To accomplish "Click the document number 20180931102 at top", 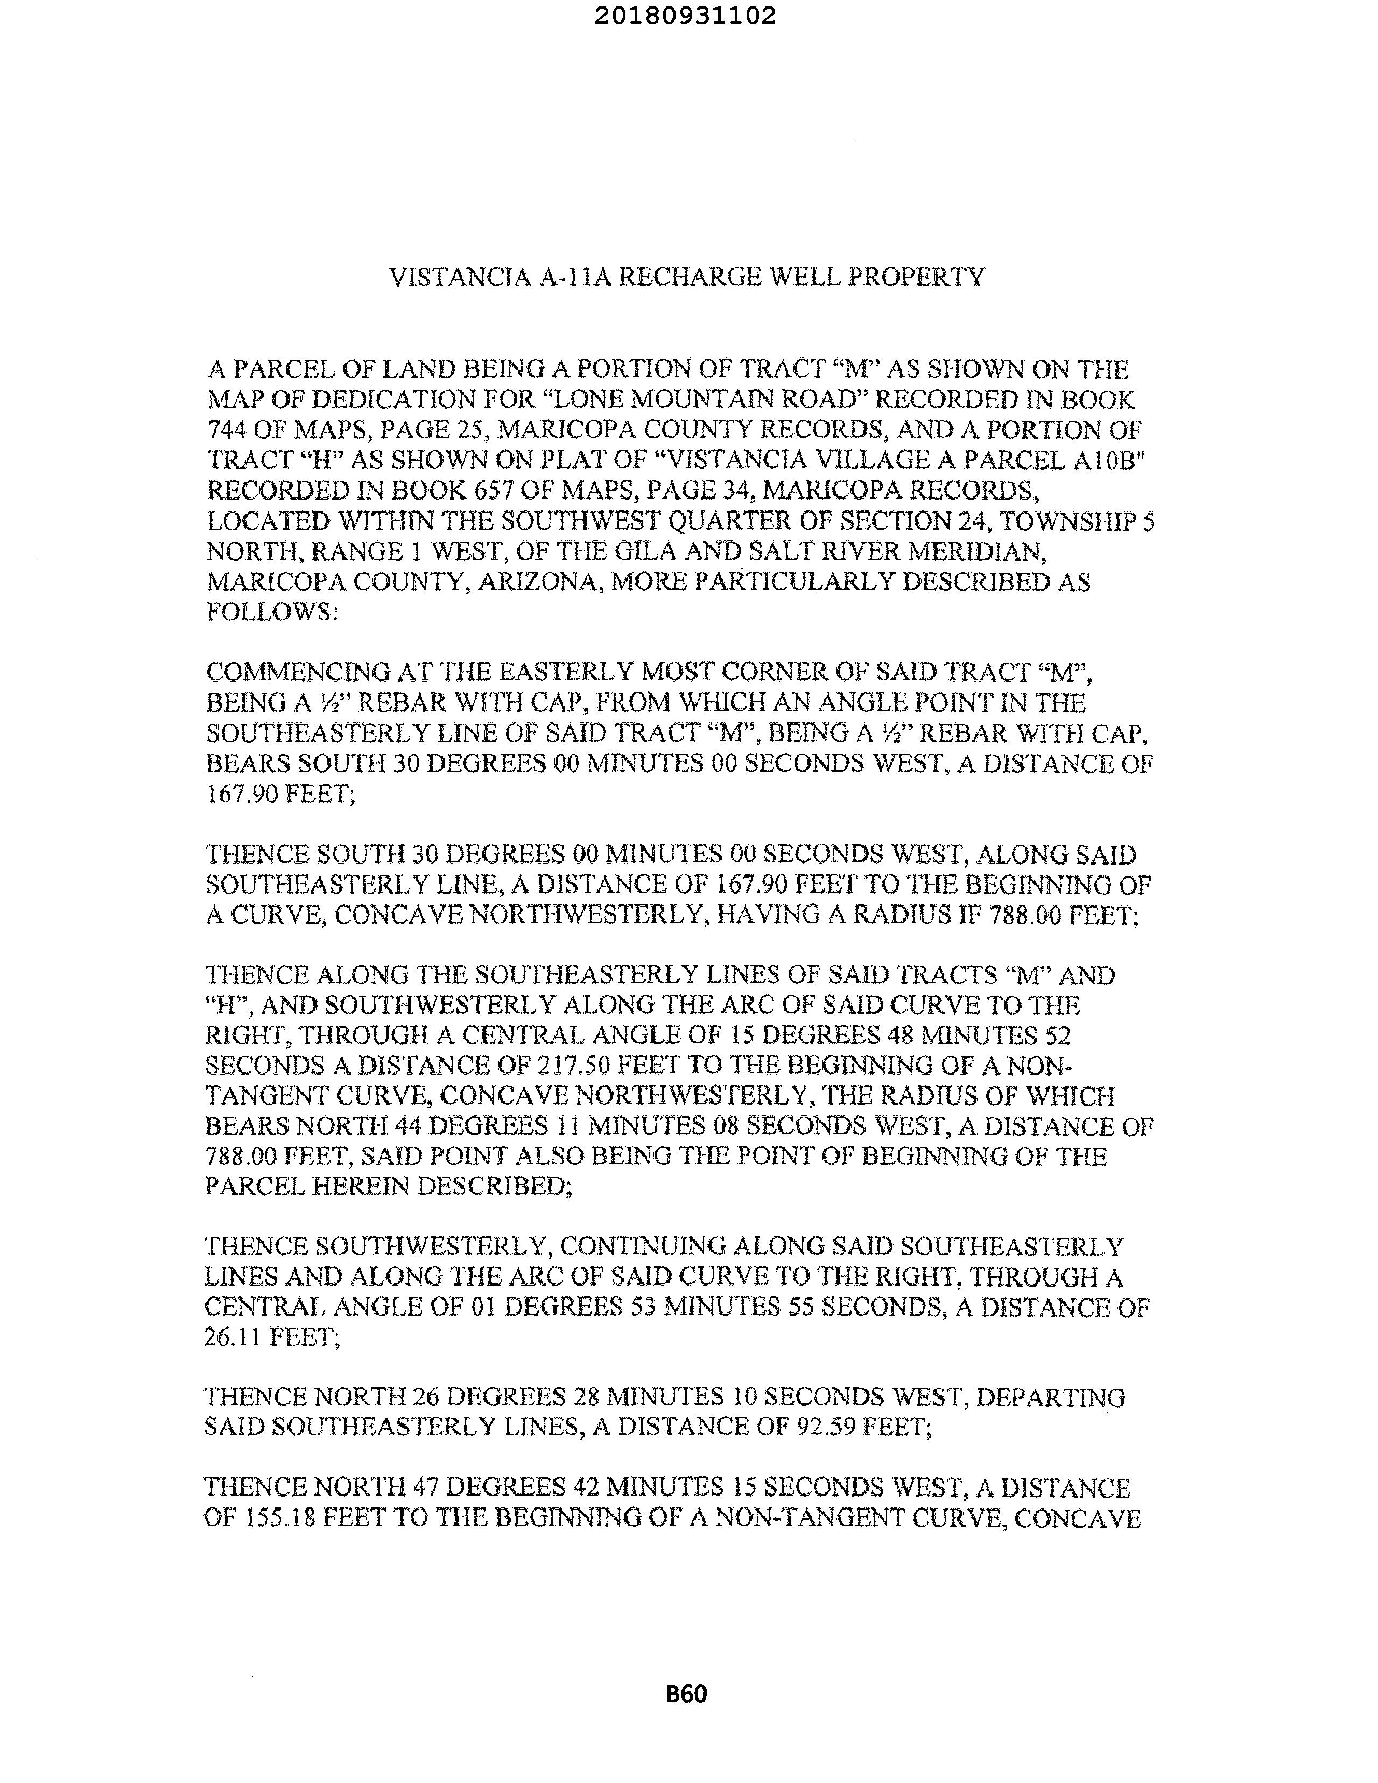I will pos(685,16).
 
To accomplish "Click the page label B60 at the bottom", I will pos(686,1694).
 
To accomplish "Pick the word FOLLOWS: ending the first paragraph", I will pos(272,612).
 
